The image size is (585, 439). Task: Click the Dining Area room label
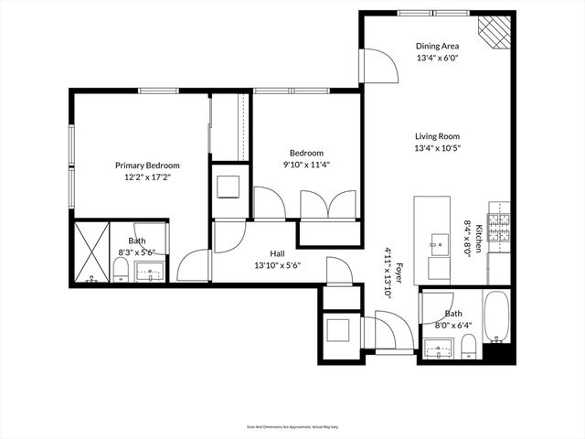(x=438, y=46)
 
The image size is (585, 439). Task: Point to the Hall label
(x=280, y=253)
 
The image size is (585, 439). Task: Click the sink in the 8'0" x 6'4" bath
(x=440, y=348)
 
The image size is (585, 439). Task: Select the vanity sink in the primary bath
(x=149, y=271)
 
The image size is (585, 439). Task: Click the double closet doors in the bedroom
(x=325, y=204)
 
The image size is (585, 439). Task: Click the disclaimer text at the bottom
(x=292, y=426)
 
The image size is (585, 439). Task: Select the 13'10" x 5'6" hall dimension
(x=280, y=265)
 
